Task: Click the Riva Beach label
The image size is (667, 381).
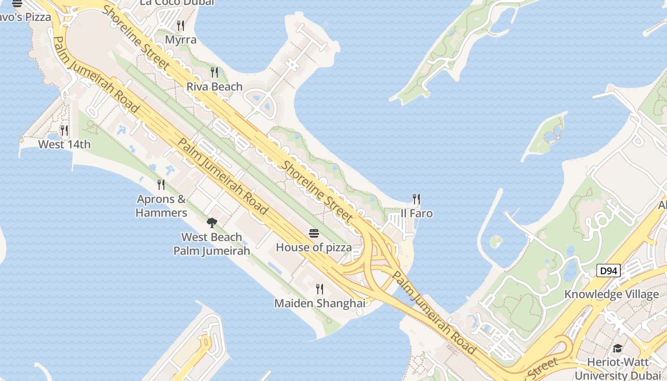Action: coord(214,87)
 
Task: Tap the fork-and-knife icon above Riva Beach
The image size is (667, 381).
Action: coord(214,72)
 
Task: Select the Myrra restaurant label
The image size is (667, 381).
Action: coord(181,40)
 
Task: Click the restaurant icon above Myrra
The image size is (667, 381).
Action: coord(181,25)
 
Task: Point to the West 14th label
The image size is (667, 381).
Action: coord(64,144)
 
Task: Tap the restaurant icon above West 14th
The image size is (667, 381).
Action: coord(64,130)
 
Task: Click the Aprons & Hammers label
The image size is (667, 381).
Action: coord(161,206)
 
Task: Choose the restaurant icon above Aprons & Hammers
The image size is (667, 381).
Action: coord(161,184)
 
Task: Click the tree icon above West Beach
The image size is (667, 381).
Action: coord(212,222)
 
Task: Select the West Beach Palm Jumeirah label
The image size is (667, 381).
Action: coord(212,244)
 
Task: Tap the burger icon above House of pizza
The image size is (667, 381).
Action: coord(313,233)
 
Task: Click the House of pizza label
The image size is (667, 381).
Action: coord(313,247)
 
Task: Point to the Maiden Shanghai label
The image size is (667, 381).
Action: coord(320,303)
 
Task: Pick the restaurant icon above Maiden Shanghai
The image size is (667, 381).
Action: coord(320,289)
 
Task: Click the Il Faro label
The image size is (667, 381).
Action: coord(417,213)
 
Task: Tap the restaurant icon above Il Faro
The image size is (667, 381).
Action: coord(417,199)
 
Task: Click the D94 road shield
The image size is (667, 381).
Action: coord(608,271)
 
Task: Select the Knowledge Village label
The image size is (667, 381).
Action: coord(612,294)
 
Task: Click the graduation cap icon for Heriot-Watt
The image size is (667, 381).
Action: coord(617,348)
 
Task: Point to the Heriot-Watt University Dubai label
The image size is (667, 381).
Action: coord(617,369)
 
